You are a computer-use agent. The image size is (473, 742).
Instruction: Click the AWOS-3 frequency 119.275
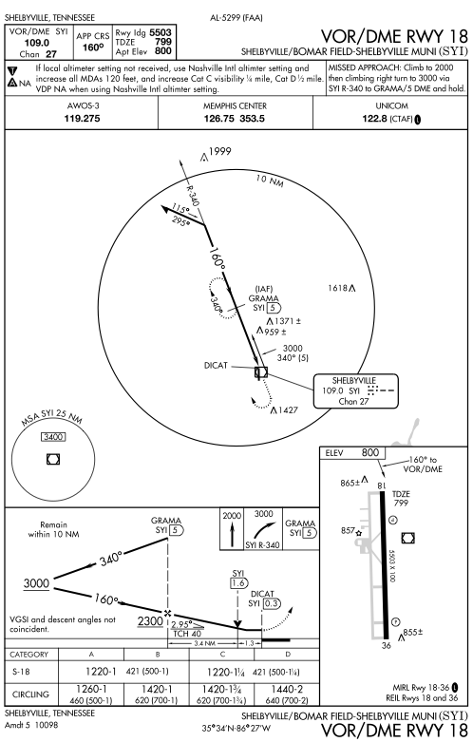pos(82,119)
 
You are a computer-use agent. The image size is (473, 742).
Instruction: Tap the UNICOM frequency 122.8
pos(374,119)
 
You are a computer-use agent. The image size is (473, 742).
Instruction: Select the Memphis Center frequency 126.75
pos(219,119)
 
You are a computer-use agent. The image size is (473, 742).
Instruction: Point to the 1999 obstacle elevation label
pos(220,151)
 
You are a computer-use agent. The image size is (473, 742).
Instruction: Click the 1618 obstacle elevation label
pos(338,288)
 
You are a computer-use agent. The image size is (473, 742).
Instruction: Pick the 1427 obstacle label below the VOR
pos(288,409)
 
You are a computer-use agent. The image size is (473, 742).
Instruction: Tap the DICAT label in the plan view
pos(216,366)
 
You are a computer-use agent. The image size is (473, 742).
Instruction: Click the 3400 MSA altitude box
pos(53,437)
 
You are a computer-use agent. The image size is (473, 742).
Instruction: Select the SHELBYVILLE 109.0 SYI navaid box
pos(355,390)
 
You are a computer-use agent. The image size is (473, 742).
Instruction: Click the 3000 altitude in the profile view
pos(36,583)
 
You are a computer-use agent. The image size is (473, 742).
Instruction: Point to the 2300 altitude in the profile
pos(150,620)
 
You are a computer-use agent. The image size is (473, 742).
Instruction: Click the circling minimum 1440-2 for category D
pos(287,689)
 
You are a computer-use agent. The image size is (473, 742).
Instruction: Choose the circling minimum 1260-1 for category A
pos(91,689)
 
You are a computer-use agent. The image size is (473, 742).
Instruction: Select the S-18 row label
pos(21,672)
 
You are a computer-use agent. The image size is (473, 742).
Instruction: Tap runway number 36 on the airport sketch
pos(387,645)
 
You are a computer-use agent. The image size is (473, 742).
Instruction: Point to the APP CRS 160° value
pos(93,48)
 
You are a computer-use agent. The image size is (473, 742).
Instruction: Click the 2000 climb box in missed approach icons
pos(232,528)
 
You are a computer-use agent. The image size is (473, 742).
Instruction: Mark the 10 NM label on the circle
pos(270,181)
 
